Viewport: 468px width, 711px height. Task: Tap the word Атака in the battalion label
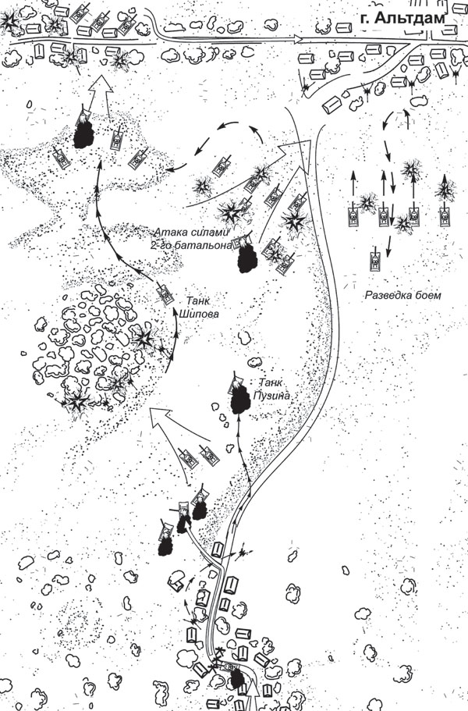[168, 232]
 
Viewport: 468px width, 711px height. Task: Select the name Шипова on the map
[201, 314]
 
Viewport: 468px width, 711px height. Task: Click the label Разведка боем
[402, 296]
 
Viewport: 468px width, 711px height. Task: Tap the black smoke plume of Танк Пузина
[239, 399]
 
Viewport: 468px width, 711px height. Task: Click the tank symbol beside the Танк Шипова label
[165, 293]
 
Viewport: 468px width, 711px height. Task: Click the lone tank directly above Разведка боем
[374, 260]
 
